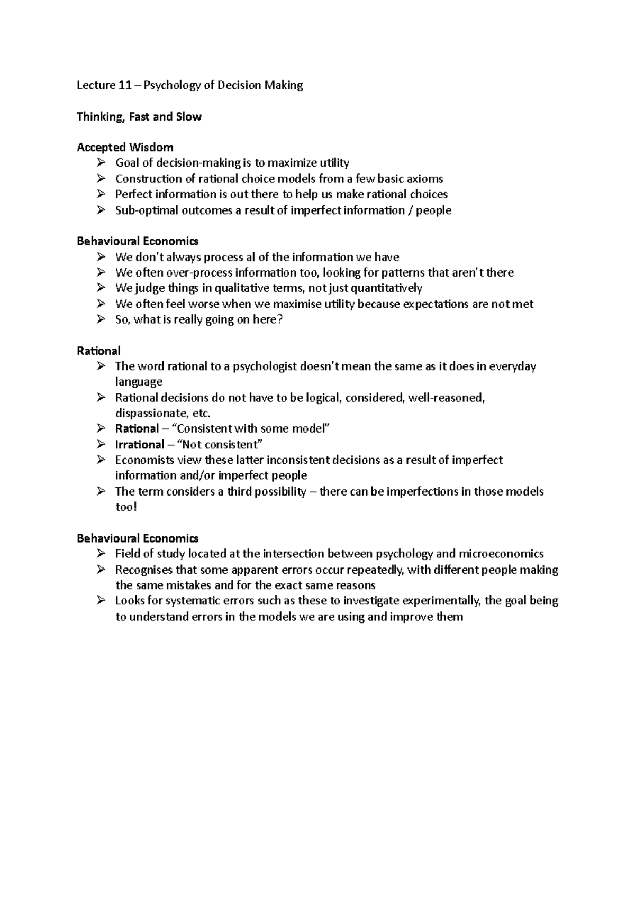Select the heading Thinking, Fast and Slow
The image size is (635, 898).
coord(139,116)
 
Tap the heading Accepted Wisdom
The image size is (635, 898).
coord(125,147)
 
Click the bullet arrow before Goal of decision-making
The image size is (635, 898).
coord(101,162)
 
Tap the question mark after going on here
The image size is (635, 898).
coord(280,319)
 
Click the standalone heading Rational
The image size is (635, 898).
coord(98,351)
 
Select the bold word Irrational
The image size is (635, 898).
coord(139,444)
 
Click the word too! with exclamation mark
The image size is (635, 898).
coord(126,507)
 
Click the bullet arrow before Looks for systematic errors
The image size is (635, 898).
coord(101,601)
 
